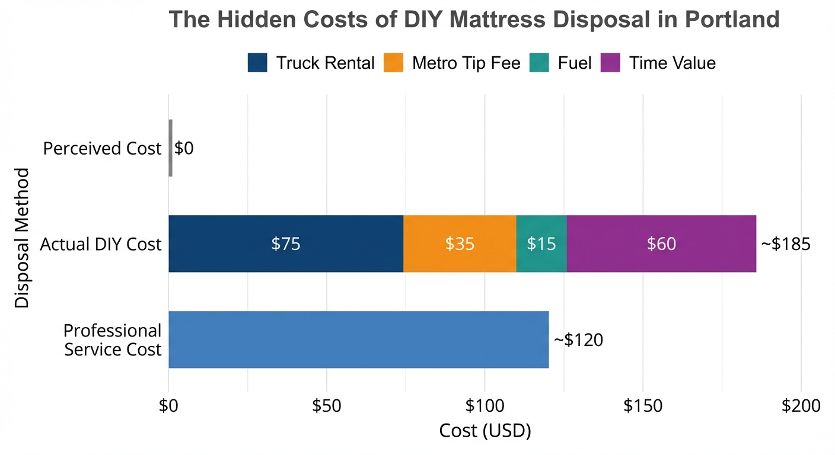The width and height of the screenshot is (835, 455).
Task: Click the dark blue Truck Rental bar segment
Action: coord(286,243)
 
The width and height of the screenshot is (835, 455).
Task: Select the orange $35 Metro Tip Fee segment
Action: coord(460,243)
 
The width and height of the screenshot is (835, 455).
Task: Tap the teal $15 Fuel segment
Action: coord(541,243)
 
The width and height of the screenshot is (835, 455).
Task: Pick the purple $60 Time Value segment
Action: coord(661,243)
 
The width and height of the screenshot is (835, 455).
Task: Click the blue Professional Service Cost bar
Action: coord(358,339)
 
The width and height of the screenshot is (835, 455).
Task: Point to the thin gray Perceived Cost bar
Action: coord(171,148)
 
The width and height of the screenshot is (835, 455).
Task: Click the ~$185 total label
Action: coord(785,244)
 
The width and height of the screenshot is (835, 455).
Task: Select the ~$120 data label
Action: coord(578,340)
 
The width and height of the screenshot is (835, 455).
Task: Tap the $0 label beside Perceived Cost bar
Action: coord(184,148)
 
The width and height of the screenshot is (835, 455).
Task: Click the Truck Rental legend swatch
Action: coord(257,63)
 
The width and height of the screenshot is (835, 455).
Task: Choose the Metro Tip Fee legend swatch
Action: coord(394,63)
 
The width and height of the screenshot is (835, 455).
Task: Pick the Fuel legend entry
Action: coord(574,63)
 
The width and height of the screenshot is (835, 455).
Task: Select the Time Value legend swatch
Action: coord(610,63)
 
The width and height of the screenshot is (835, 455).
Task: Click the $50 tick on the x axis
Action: coord(327,406)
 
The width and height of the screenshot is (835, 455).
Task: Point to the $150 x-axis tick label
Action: coord(643,406)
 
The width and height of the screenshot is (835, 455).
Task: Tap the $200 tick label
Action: coord(801,406)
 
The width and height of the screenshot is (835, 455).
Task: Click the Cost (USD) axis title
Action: coord(485,431)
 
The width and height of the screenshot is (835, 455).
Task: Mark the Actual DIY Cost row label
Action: coord(101,244)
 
